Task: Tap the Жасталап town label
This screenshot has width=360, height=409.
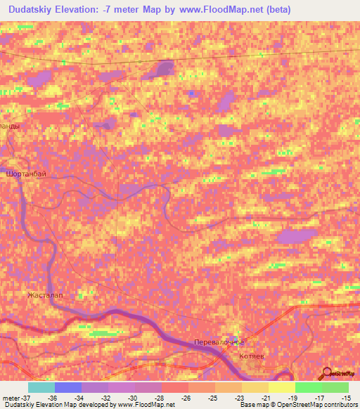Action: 45,295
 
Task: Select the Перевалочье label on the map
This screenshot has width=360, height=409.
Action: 219,342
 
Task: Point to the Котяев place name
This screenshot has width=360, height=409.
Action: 251,357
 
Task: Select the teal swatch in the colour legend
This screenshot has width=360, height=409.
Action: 41,387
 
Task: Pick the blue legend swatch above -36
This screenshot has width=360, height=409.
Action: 68,387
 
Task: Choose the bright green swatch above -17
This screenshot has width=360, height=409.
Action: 309,387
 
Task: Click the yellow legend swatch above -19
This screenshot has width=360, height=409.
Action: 281,387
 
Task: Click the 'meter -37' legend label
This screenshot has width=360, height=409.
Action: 13,397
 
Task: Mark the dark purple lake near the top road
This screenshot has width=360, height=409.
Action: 164,69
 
